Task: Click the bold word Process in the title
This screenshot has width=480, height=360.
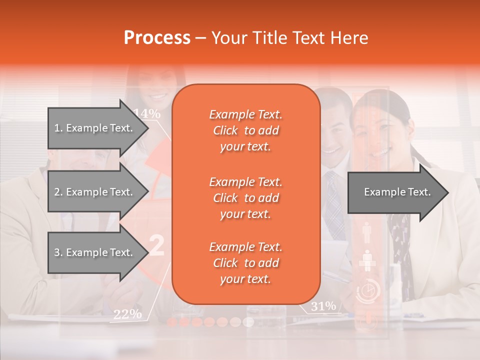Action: tap(157, 38)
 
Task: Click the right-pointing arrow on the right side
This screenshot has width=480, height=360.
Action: tap(397, 192)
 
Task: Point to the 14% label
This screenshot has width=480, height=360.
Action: tap(147, 113)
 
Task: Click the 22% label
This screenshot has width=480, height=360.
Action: tap(127, 314)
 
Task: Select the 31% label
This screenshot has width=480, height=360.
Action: tap(323, 306)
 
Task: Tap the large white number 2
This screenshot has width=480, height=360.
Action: tap(156, 246)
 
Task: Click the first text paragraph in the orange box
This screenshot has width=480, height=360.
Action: tap(245, 130)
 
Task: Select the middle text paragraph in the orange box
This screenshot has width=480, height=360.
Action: tap(245, 198)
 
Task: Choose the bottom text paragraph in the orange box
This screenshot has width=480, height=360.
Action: tap(245, 263)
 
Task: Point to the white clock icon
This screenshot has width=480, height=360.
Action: tap(367, 291)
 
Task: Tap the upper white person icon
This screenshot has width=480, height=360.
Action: tap(367, 231)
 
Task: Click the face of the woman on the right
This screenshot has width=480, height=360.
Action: tap(374, 132)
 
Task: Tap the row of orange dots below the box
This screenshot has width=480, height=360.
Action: tap(210, 321)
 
